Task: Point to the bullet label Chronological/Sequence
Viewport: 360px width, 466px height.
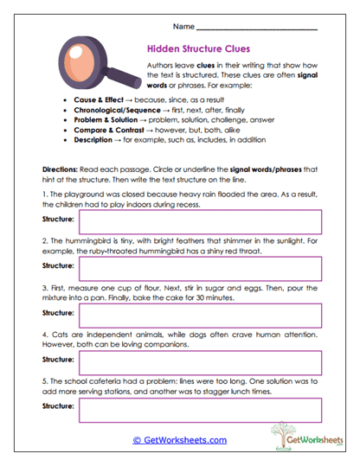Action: pyautogui.click(x=116, y=110)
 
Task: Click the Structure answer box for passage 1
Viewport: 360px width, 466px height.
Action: pyautogui.click(x=200, y=221)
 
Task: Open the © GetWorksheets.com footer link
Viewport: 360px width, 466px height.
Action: pyautogui.click(x=180, y=440)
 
